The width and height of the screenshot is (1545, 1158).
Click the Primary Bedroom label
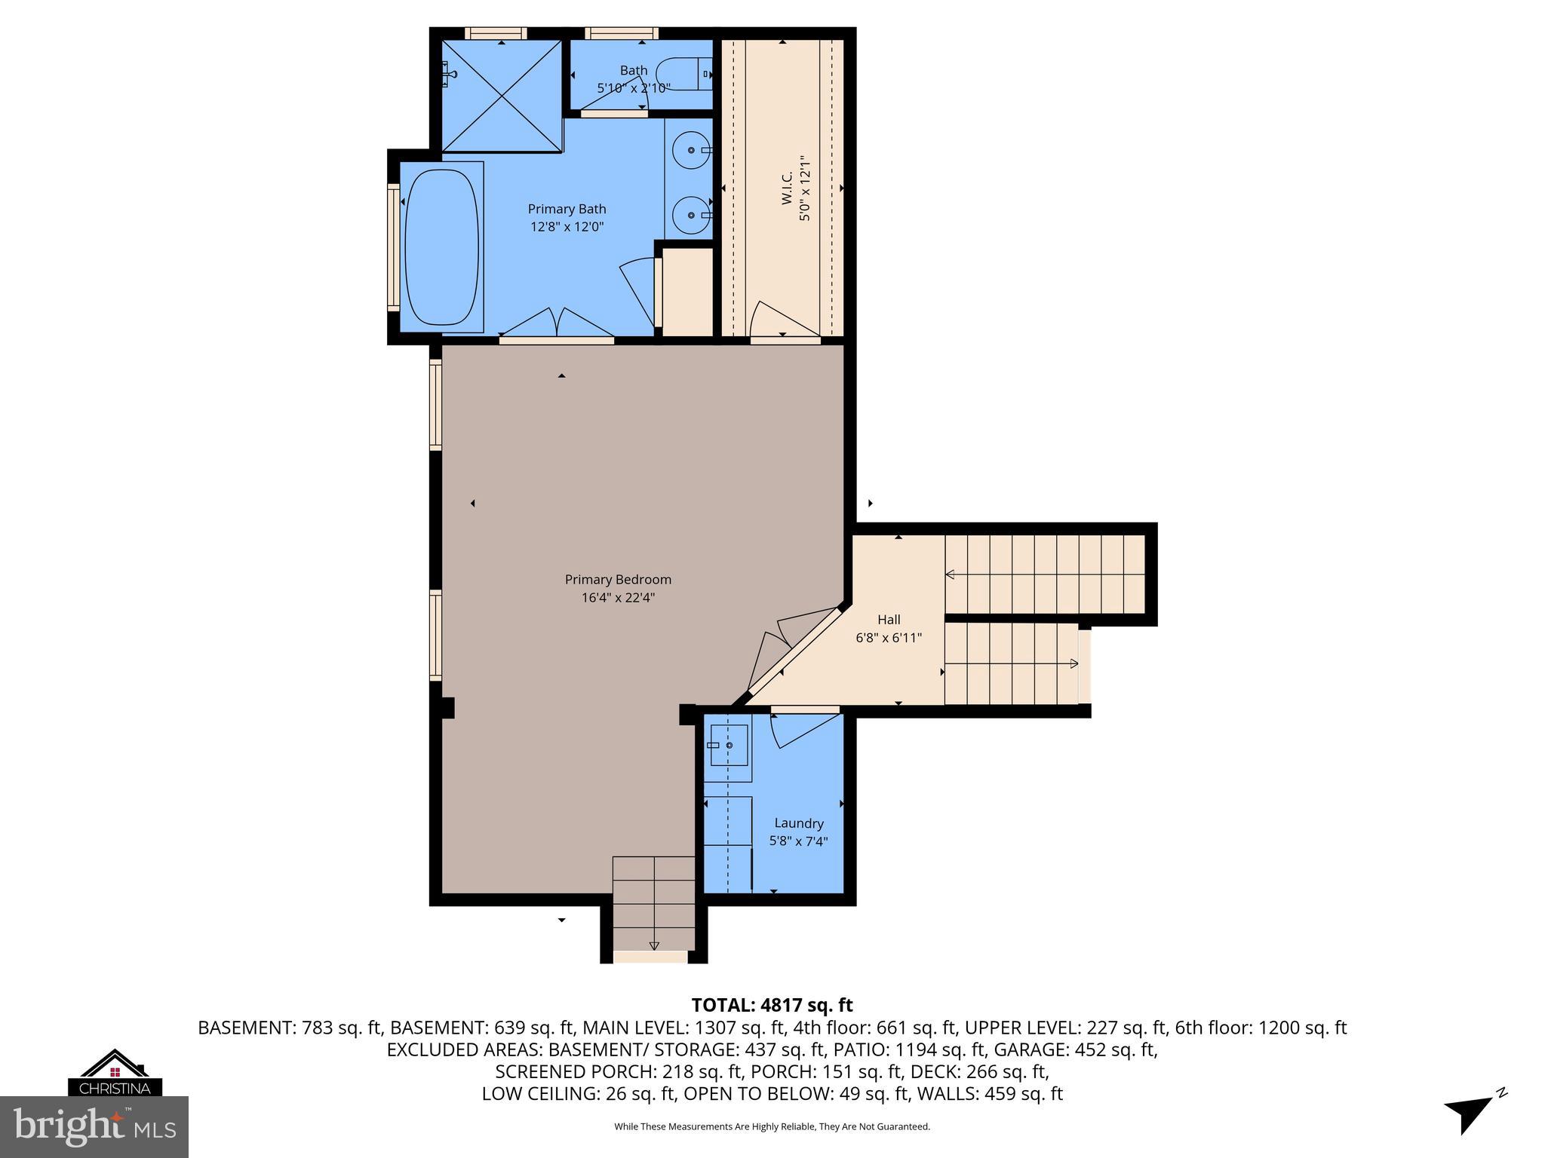pos(618,579)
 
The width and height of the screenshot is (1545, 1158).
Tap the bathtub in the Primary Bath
pos(441,247)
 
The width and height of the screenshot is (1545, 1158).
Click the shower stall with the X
pos(502,96)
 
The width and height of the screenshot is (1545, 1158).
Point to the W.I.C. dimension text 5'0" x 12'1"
pos(806,188)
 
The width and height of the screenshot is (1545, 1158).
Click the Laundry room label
pos(798,823)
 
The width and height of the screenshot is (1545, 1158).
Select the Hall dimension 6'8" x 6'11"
pos(888,638)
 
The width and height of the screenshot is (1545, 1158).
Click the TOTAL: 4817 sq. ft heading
pos(772,1005)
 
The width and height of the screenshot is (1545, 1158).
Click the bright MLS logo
pos(94,1127)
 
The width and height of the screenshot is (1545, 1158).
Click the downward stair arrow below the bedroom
pos(654,945)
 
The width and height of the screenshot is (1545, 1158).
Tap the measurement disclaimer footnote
pos(772,1126)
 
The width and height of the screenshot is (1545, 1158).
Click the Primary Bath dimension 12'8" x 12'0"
pos(567,226)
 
